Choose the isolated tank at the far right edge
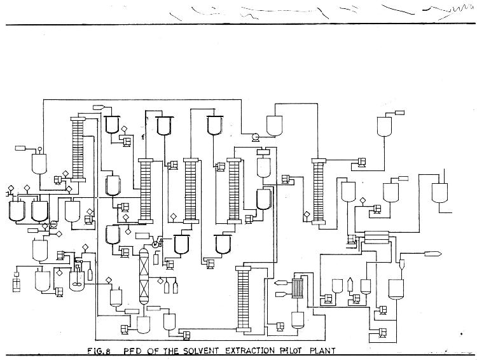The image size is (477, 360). [x=439, y=192]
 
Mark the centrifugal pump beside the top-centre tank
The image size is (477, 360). [x=255, y=136]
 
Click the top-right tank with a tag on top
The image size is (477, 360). [x=385, y=126]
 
